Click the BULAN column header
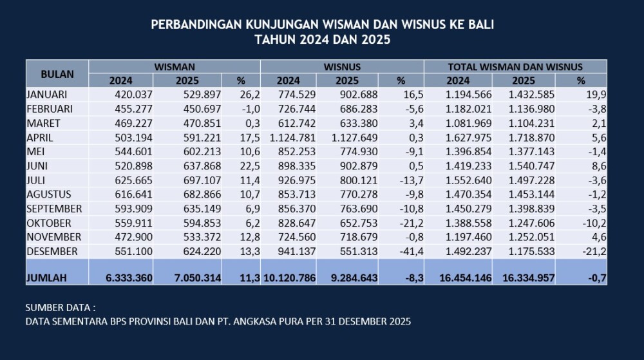[x=57, y=74]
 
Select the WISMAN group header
[x=175, y=66]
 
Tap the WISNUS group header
[x=342, y=66]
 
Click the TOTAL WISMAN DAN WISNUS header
[x=515, y=66]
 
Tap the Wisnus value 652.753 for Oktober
[x=357, y=223]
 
